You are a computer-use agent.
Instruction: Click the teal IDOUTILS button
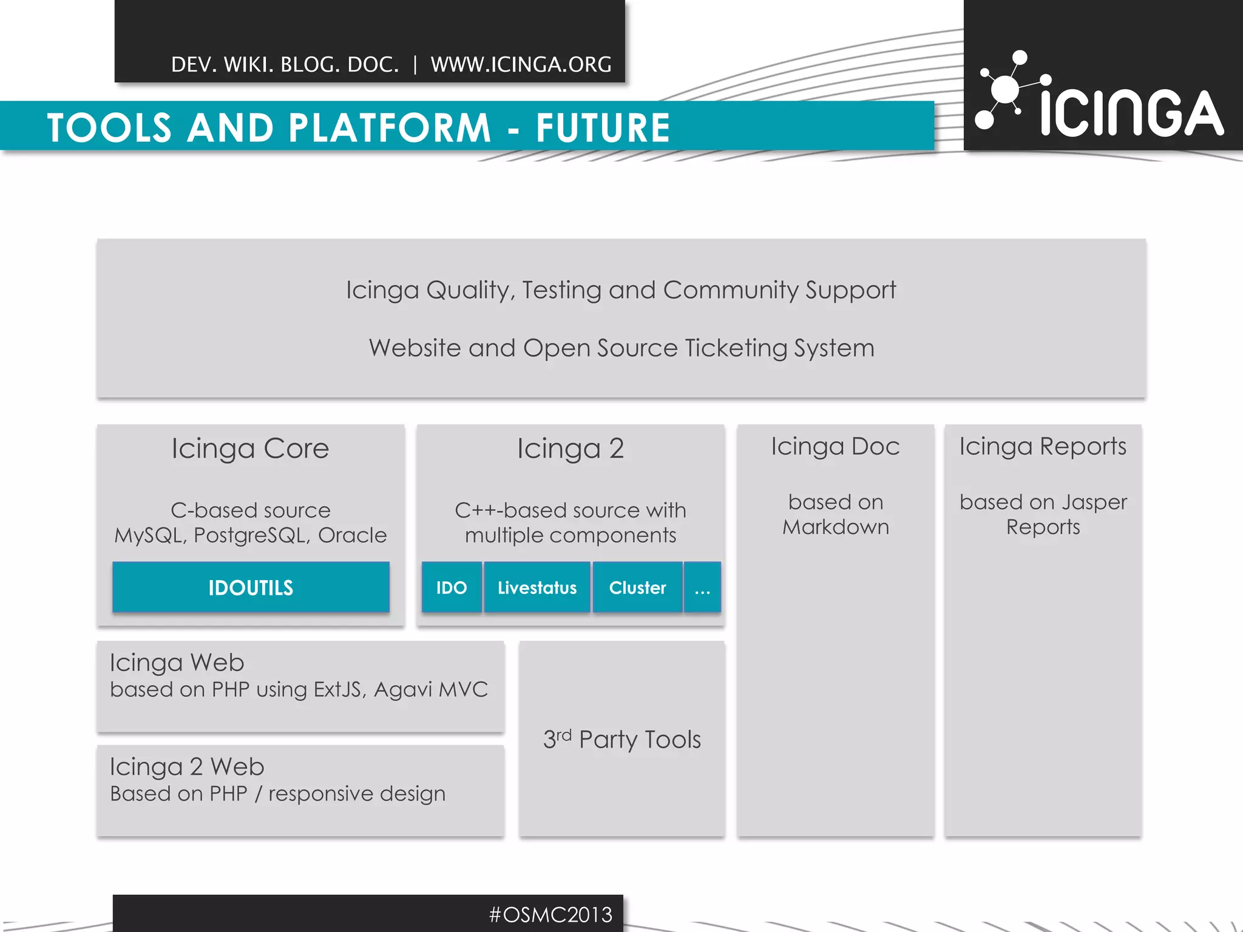click(x=251, y=587)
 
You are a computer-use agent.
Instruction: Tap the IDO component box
click(x=452, y=587)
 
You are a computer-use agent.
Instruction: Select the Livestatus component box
click(x=537, y=587)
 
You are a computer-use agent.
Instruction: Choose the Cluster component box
click(x=637, y=587)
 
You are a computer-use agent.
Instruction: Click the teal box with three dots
click(x=702, y=587)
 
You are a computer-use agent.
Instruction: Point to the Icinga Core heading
click(x=250, y=448)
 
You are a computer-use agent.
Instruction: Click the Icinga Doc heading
click(x=835, y=447)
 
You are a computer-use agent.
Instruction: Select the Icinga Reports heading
click(x=1043, y=447)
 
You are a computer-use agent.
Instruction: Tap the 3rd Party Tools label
click(x=621, y=739)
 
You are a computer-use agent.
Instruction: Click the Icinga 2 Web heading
click(x=187, y=767)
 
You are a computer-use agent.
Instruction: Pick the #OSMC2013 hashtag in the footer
click(x=551, y=914)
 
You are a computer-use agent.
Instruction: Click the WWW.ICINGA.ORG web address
click(x=521, y=64)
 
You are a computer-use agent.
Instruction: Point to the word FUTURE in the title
click(x=603, y=128)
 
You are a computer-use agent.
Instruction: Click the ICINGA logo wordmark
click(x=1132, y=113)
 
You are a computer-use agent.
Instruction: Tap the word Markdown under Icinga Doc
click(x=835, y=527)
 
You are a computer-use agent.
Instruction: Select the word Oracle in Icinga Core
click(x=352, y=535)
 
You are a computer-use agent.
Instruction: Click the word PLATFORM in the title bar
click(x=390, y=128)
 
